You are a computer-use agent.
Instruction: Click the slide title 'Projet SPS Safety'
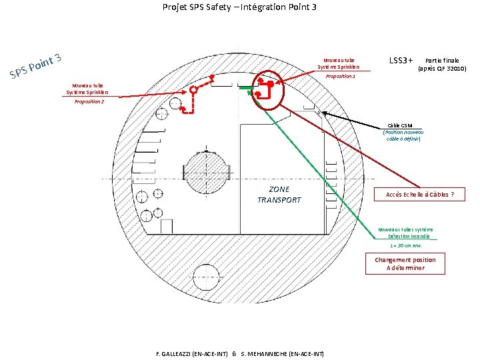tap(239, 7)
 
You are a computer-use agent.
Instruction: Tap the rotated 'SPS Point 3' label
tap(36, 65)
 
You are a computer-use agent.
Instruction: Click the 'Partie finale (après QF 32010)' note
tap(441, 65)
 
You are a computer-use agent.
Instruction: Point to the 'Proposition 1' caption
tap(340, 77)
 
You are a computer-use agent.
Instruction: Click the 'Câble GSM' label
tap(403, 132)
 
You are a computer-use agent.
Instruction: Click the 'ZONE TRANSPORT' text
tap(279, 195)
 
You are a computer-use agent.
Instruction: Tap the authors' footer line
tap(239, 353)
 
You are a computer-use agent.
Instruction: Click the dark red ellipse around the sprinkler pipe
tap(269, 91)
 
